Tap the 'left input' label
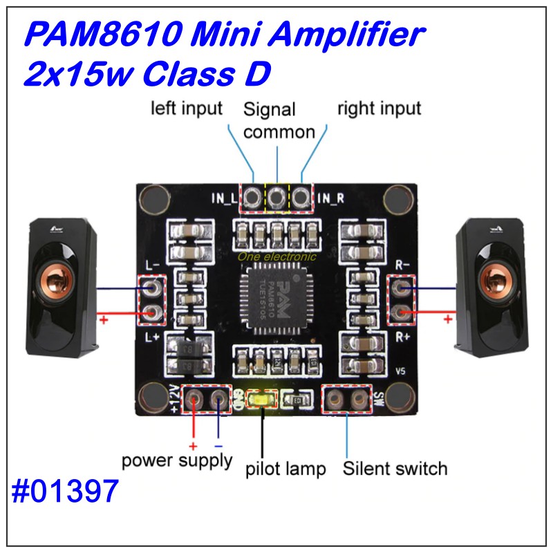(187, 108)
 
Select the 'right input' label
(379, 108)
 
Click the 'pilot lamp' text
(285, 470)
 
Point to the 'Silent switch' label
(395, 469)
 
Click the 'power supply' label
(177, 461)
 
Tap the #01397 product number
(66, 493)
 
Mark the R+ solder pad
(400, 312)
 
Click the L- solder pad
(153, 287)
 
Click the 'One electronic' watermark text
(276, 256)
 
